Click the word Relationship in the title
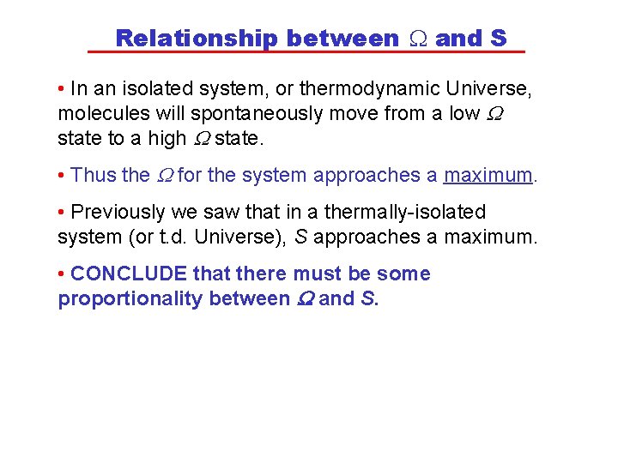(197, 39)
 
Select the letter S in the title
(499, 39)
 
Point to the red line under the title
(306, 52)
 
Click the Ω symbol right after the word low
(494, 113)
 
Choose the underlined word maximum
(488, 175)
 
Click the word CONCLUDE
(129, 274)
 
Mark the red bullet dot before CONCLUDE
(62, 274)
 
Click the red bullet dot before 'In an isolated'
(62, 88)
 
